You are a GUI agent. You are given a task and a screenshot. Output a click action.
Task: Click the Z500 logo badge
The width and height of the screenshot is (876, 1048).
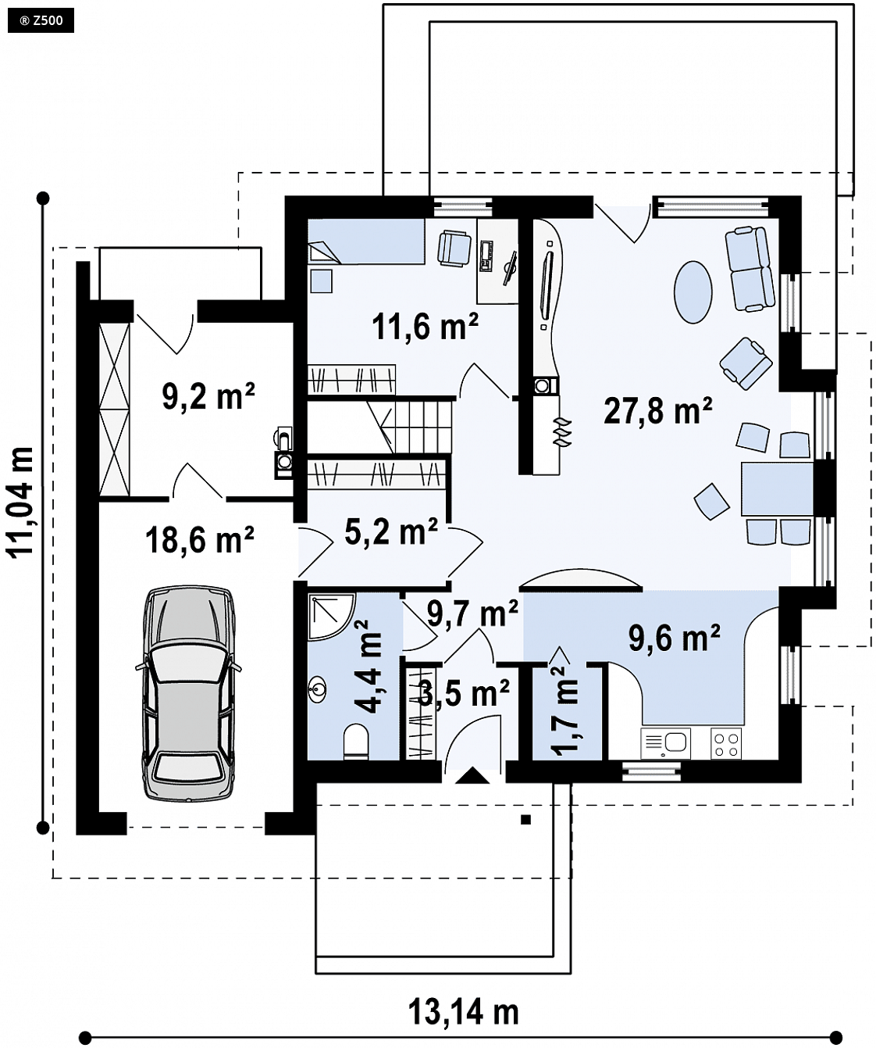(x=41, y=20)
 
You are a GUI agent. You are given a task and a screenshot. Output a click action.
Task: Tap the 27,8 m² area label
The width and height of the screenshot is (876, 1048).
(x=658, y=410)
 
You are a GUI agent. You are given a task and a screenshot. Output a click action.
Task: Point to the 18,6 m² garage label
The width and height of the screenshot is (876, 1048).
(x=200, y=539)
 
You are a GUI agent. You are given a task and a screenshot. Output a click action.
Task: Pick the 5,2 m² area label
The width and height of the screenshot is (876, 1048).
(x=391, y=531)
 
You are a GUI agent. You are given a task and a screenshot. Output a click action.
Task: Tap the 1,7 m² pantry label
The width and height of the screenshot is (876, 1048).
(x=564, y=710)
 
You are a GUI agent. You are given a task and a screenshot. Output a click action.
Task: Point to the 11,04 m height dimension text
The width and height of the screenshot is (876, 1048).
(x=20, y=501)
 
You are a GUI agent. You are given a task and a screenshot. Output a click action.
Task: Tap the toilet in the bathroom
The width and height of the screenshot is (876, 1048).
(x=356, y=740)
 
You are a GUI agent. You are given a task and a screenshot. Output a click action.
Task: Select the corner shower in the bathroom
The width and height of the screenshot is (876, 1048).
(x=332, y=617)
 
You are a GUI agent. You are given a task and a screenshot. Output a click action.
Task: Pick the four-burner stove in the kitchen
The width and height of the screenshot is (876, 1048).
(x=725, y=744)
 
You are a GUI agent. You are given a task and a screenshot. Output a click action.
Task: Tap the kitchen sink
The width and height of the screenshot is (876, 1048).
(x=665, y=743)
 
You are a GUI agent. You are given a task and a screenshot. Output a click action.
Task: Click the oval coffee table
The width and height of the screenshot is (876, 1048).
(x=693, y=292)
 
